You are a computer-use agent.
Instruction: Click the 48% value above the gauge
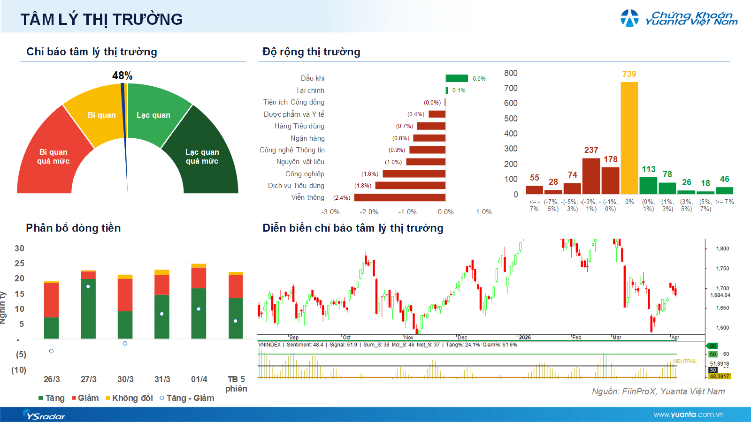click(122, 75)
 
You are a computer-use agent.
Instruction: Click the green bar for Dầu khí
click(457, 78)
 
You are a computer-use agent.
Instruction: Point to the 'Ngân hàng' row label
click(307, 138)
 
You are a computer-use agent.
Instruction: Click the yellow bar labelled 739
click(629, 138)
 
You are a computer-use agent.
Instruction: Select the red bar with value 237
click(591, 176)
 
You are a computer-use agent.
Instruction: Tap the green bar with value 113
click(648, 185)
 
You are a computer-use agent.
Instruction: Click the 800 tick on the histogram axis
click(511, 73)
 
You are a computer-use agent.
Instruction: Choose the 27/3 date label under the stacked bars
click(88, 379)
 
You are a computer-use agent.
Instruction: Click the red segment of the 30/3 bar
click(125, 295)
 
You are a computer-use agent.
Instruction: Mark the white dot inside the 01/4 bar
click(199, 309)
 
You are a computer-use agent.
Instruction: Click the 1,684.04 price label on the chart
click(720, 295)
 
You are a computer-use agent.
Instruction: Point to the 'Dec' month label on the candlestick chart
click(462, 338)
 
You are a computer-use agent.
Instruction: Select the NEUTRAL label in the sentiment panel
click(684, 361)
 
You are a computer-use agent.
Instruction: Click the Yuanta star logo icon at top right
click(629, 18)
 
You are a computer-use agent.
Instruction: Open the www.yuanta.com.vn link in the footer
click(688, 414)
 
